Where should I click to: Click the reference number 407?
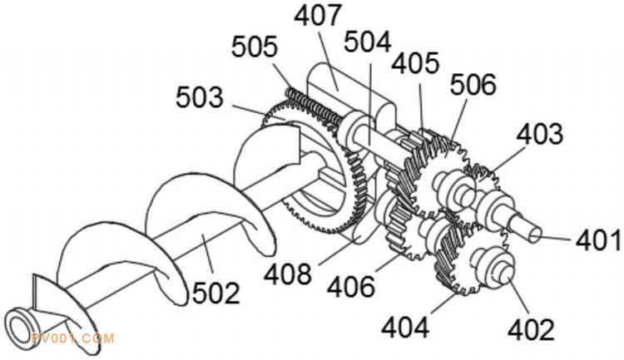pyautogui.click(x=318, y=15)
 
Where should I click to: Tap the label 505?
pyautogui.click(x=255, y=47)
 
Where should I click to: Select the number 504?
pyautogui.click(x=367, y=42)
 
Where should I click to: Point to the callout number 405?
pyautogui.click(x=415, y=63)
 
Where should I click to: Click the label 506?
pyautogui.click(x=473, y=84)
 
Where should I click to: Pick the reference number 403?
pyautogui.click(x=540, y=134)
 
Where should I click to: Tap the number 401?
pyautogui.click(x=598, y=240)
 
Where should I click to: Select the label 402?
pyautogui.click(x=532, y=329)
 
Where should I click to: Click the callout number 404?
pyautogui.click(x=405, y=328)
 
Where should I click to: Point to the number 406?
pyautogui.click(x=351, y=286)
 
